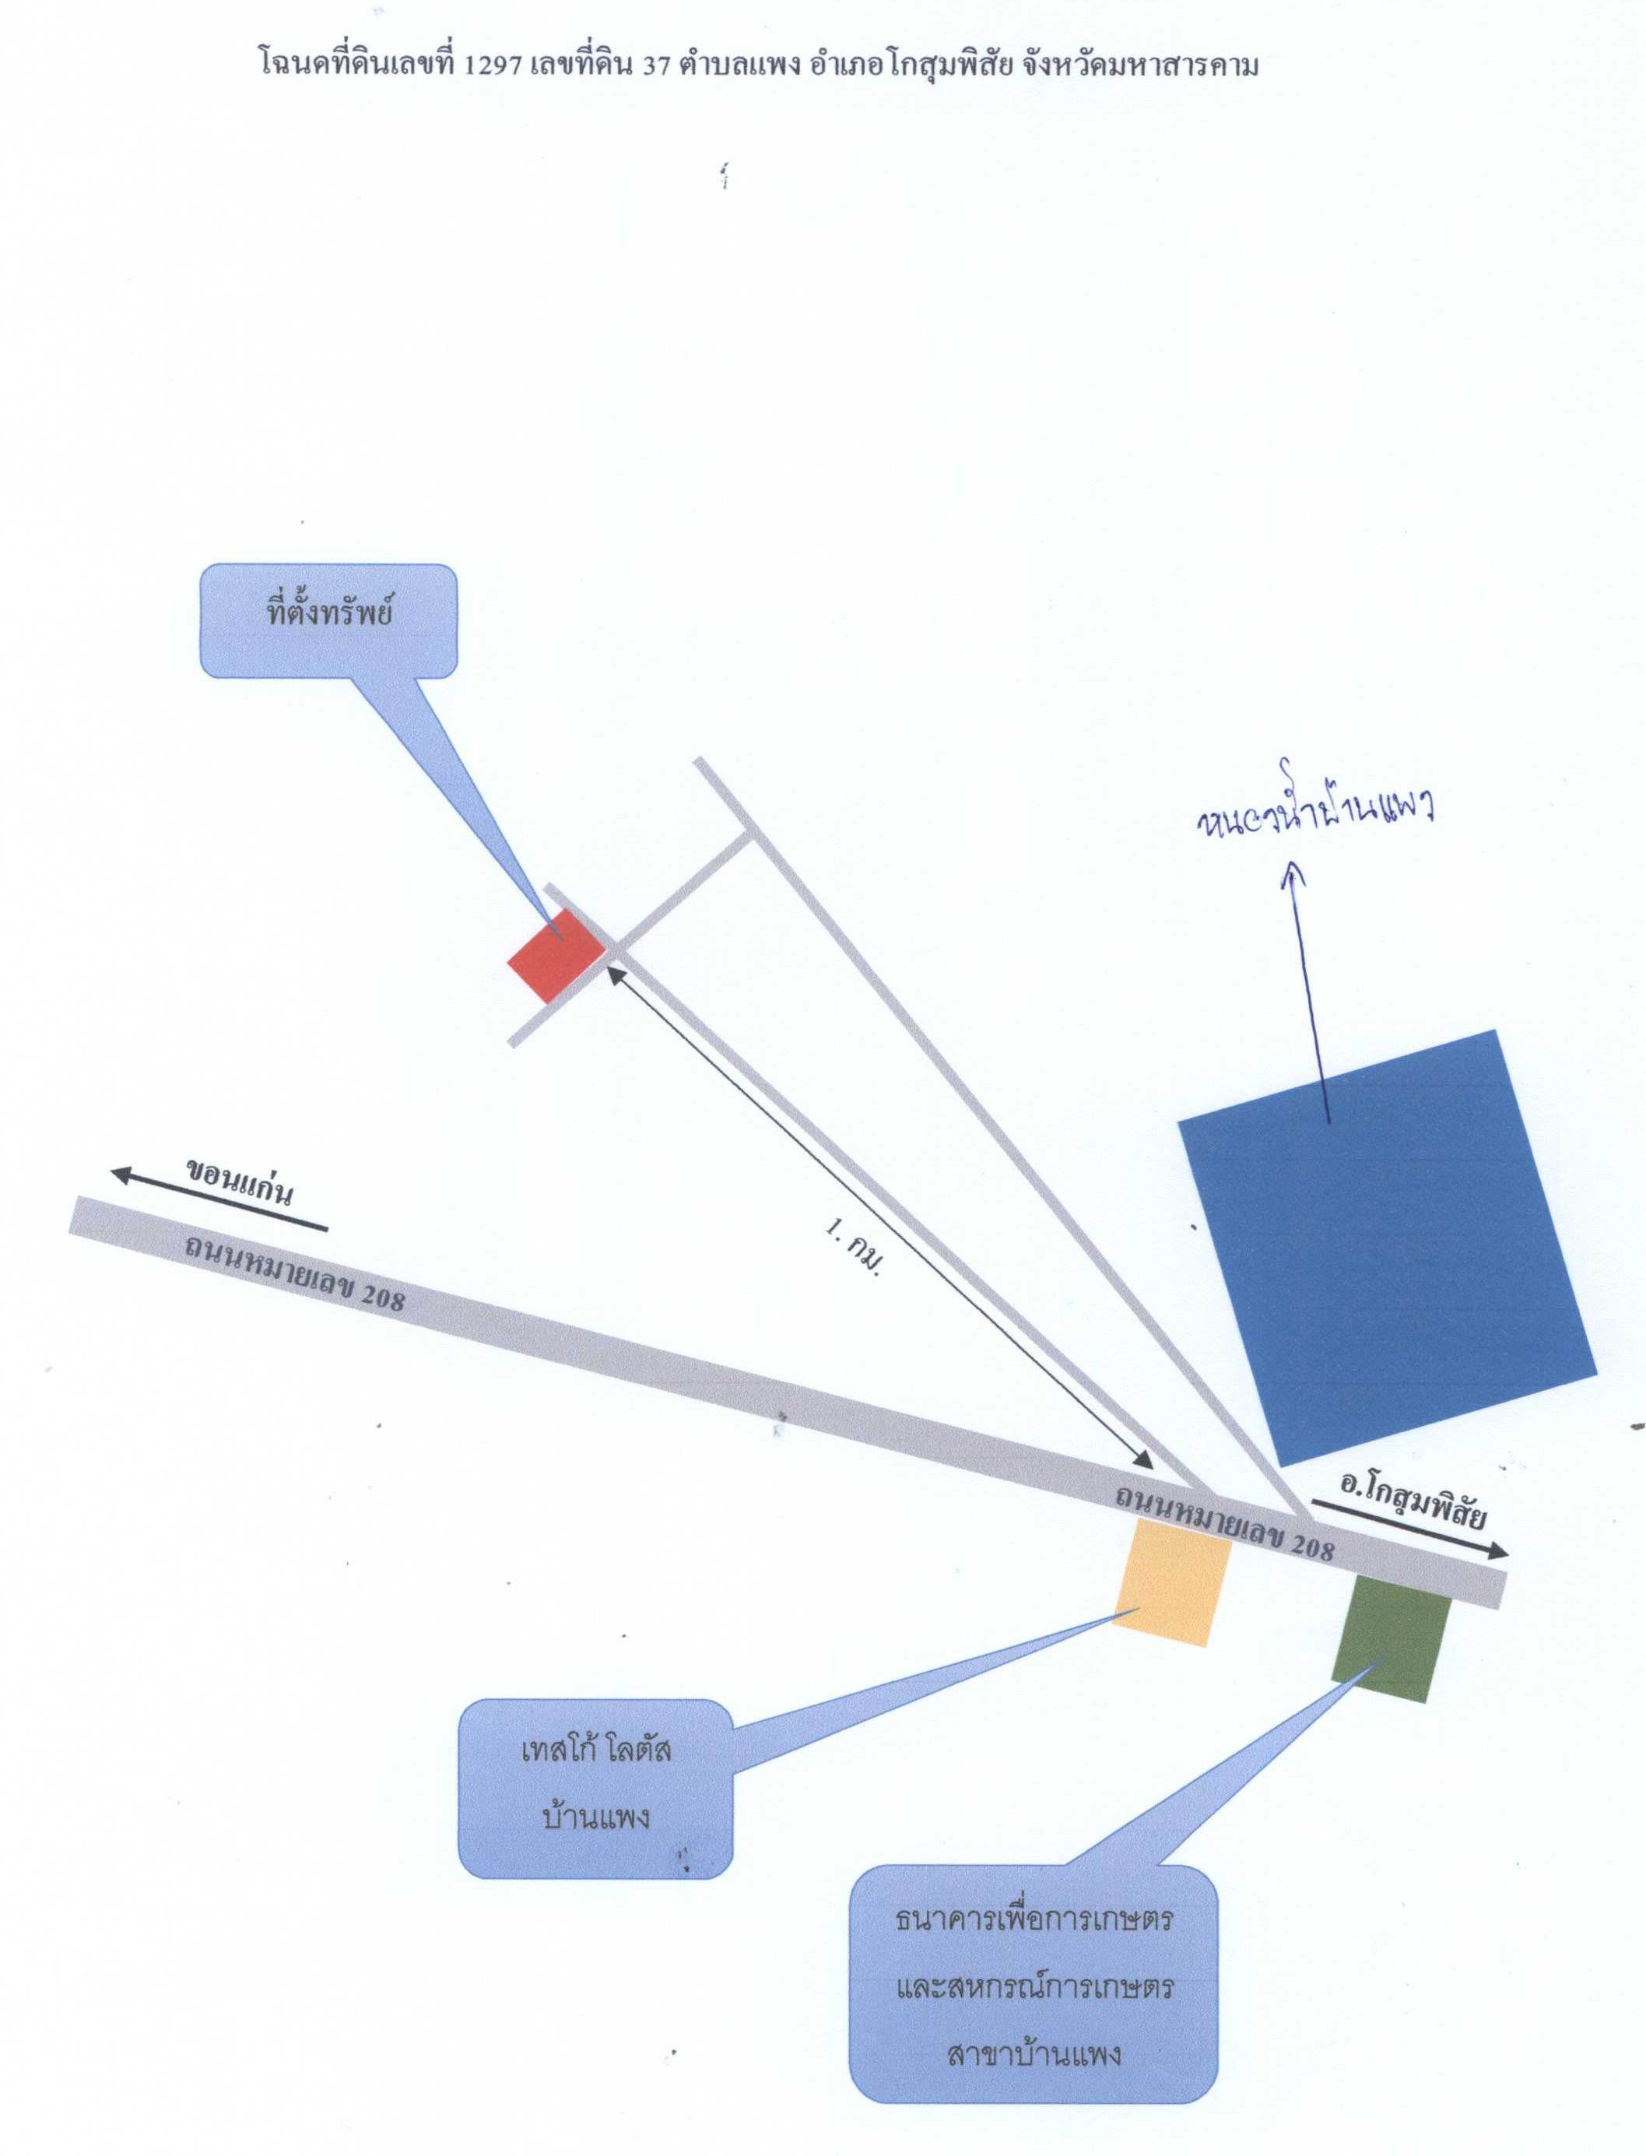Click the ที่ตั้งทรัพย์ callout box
pyautogui.click(x=329, y=620)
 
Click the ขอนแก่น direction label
pyautogui.click(x=239, y=1181)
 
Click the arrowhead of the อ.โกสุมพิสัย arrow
pyautogui.click(x=1497, y=1551)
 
